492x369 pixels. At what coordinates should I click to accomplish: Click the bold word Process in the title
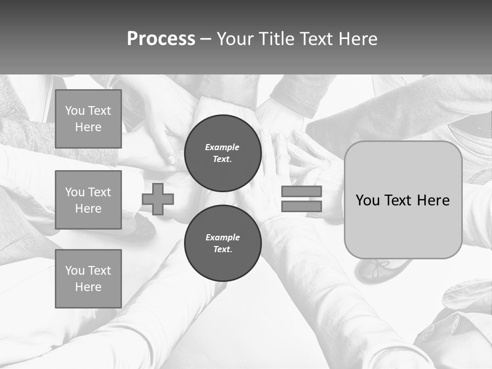pyautogui.click(x=161, y=39)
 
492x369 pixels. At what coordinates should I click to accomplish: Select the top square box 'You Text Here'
pyautogui.click(x=88, y=119)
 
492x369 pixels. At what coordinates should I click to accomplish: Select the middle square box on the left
pyautogui.click(x=88, y=200)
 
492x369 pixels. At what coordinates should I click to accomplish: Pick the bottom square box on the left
pyautogui.click(x=88, y=279)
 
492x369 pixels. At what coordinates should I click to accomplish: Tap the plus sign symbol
pyautogui.click(x=158, y=199)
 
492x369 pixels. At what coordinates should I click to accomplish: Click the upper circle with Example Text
pyautogui.click(x=222, y=153)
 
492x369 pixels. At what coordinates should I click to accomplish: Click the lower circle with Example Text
pyautogui.click(x=222, y=243)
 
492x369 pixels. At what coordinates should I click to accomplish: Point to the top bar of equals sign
pyautogui.click(x=301, y=191)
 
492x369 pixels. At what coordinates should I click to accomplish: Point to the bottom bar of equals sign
pyautogui.click(x=301, y=206)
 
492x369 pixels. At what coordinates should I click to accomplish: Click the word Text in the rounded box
pyautogui.click(x=400, y=200)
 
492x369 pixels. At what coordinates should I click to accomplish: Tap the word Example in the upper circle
pyautogui.click(x=222, y=147)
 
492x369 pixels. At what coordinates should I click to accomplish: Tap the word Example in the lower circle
pyautogui.click(x=222, y=237)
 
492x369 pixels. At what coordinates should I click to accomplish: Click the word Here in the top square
pyautogui.click(x=88, y=127)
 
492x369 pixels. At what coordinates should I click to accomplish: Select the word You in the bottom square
pyautogui.click(x=74, y=271)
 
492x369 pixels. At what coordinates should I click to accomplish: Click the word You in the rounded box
pyautogui.click(x=367, y=200)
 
